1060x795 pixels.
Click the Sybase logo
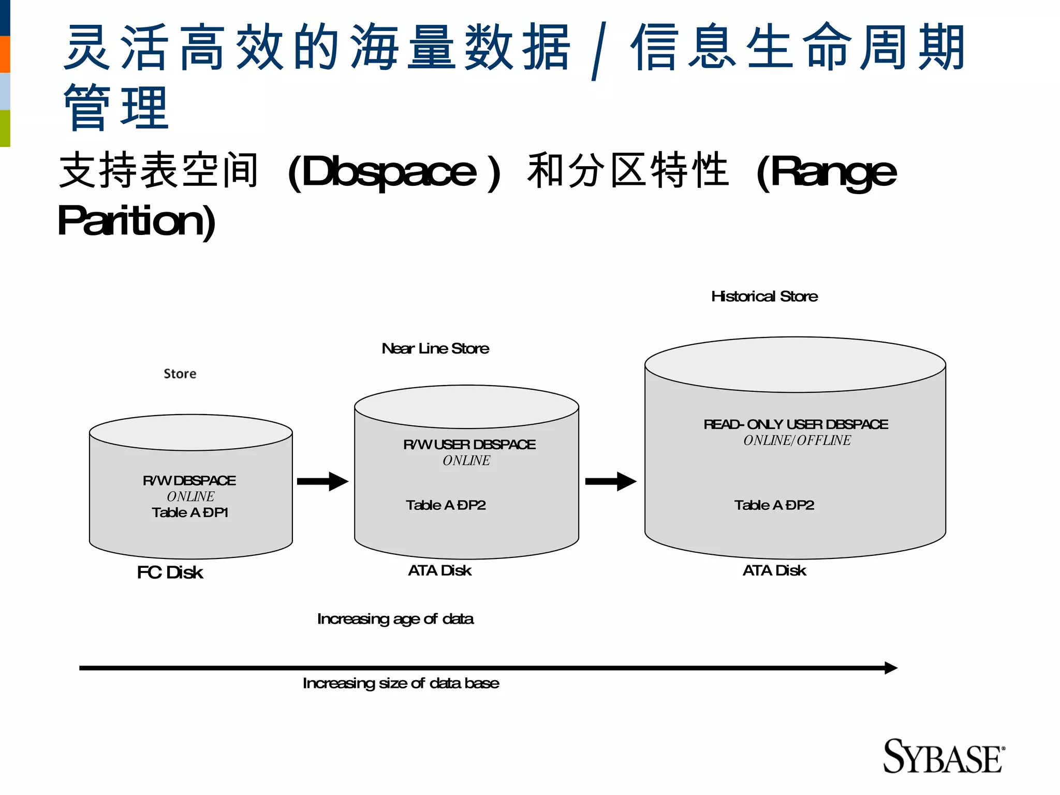[x=943, y=757]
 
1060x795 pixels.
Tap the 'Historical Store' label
[x=764, y=297]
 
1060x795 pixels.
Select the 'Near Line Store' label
[x=435, y=348]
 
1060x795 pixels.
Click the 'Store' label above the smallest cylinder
[x=180, y=374]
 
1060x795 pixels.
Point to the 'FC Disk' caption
[x=170, y=572]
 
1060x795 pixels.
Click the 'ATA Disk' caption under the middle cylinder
[x=439, y=570]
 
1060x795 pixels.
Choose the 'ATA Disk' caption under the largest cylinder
[x=774, y=570]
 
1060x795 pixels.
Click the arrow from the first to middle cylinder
[x=322, y=481]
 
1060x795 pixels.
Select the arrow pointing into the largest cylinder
[x=611, y=481]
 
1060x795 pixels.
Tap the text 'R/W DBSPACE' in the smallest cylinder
[x=189, y=480]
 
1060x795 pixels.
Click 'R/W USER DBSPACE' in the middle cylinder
[x=469, y=445]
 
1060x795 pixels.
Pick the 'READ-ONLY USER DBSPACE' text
[x=796, y=424]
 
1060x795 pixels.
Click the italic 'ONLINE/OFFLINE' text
[x=797, y=440]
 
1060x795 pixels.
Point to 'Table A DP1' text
[x=190, y=512]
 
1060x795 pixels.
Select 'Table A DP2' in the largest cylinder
[x=774, y=505]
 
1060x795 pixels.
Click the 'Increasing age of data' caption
[x=395, y=619]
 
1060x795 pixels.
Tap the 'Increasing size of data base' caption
[x=401, y=683]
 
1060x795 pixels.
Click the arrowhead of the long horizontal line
[x=890, y=668]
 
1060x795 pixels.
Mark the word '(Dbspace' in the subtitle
[x=382, y=172]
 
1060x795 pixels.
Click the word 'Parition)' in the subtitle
[x=137, y=221]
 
